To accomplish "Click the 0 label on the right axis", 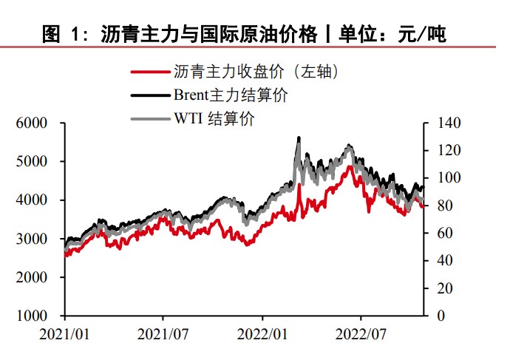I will tap(442, 316).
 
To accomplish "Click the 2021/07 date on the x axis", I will tap(164, 333).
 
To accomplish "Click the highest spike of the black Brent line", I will tap(299, 137).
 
